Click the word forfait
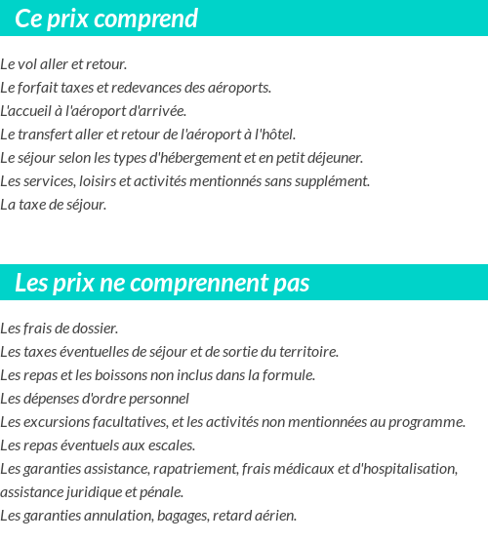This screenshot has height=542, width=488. pos(39,88)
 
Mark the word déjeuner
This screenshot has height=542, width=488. pos(335,158)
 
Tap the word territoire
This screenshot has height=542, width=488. pos(304,352)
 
